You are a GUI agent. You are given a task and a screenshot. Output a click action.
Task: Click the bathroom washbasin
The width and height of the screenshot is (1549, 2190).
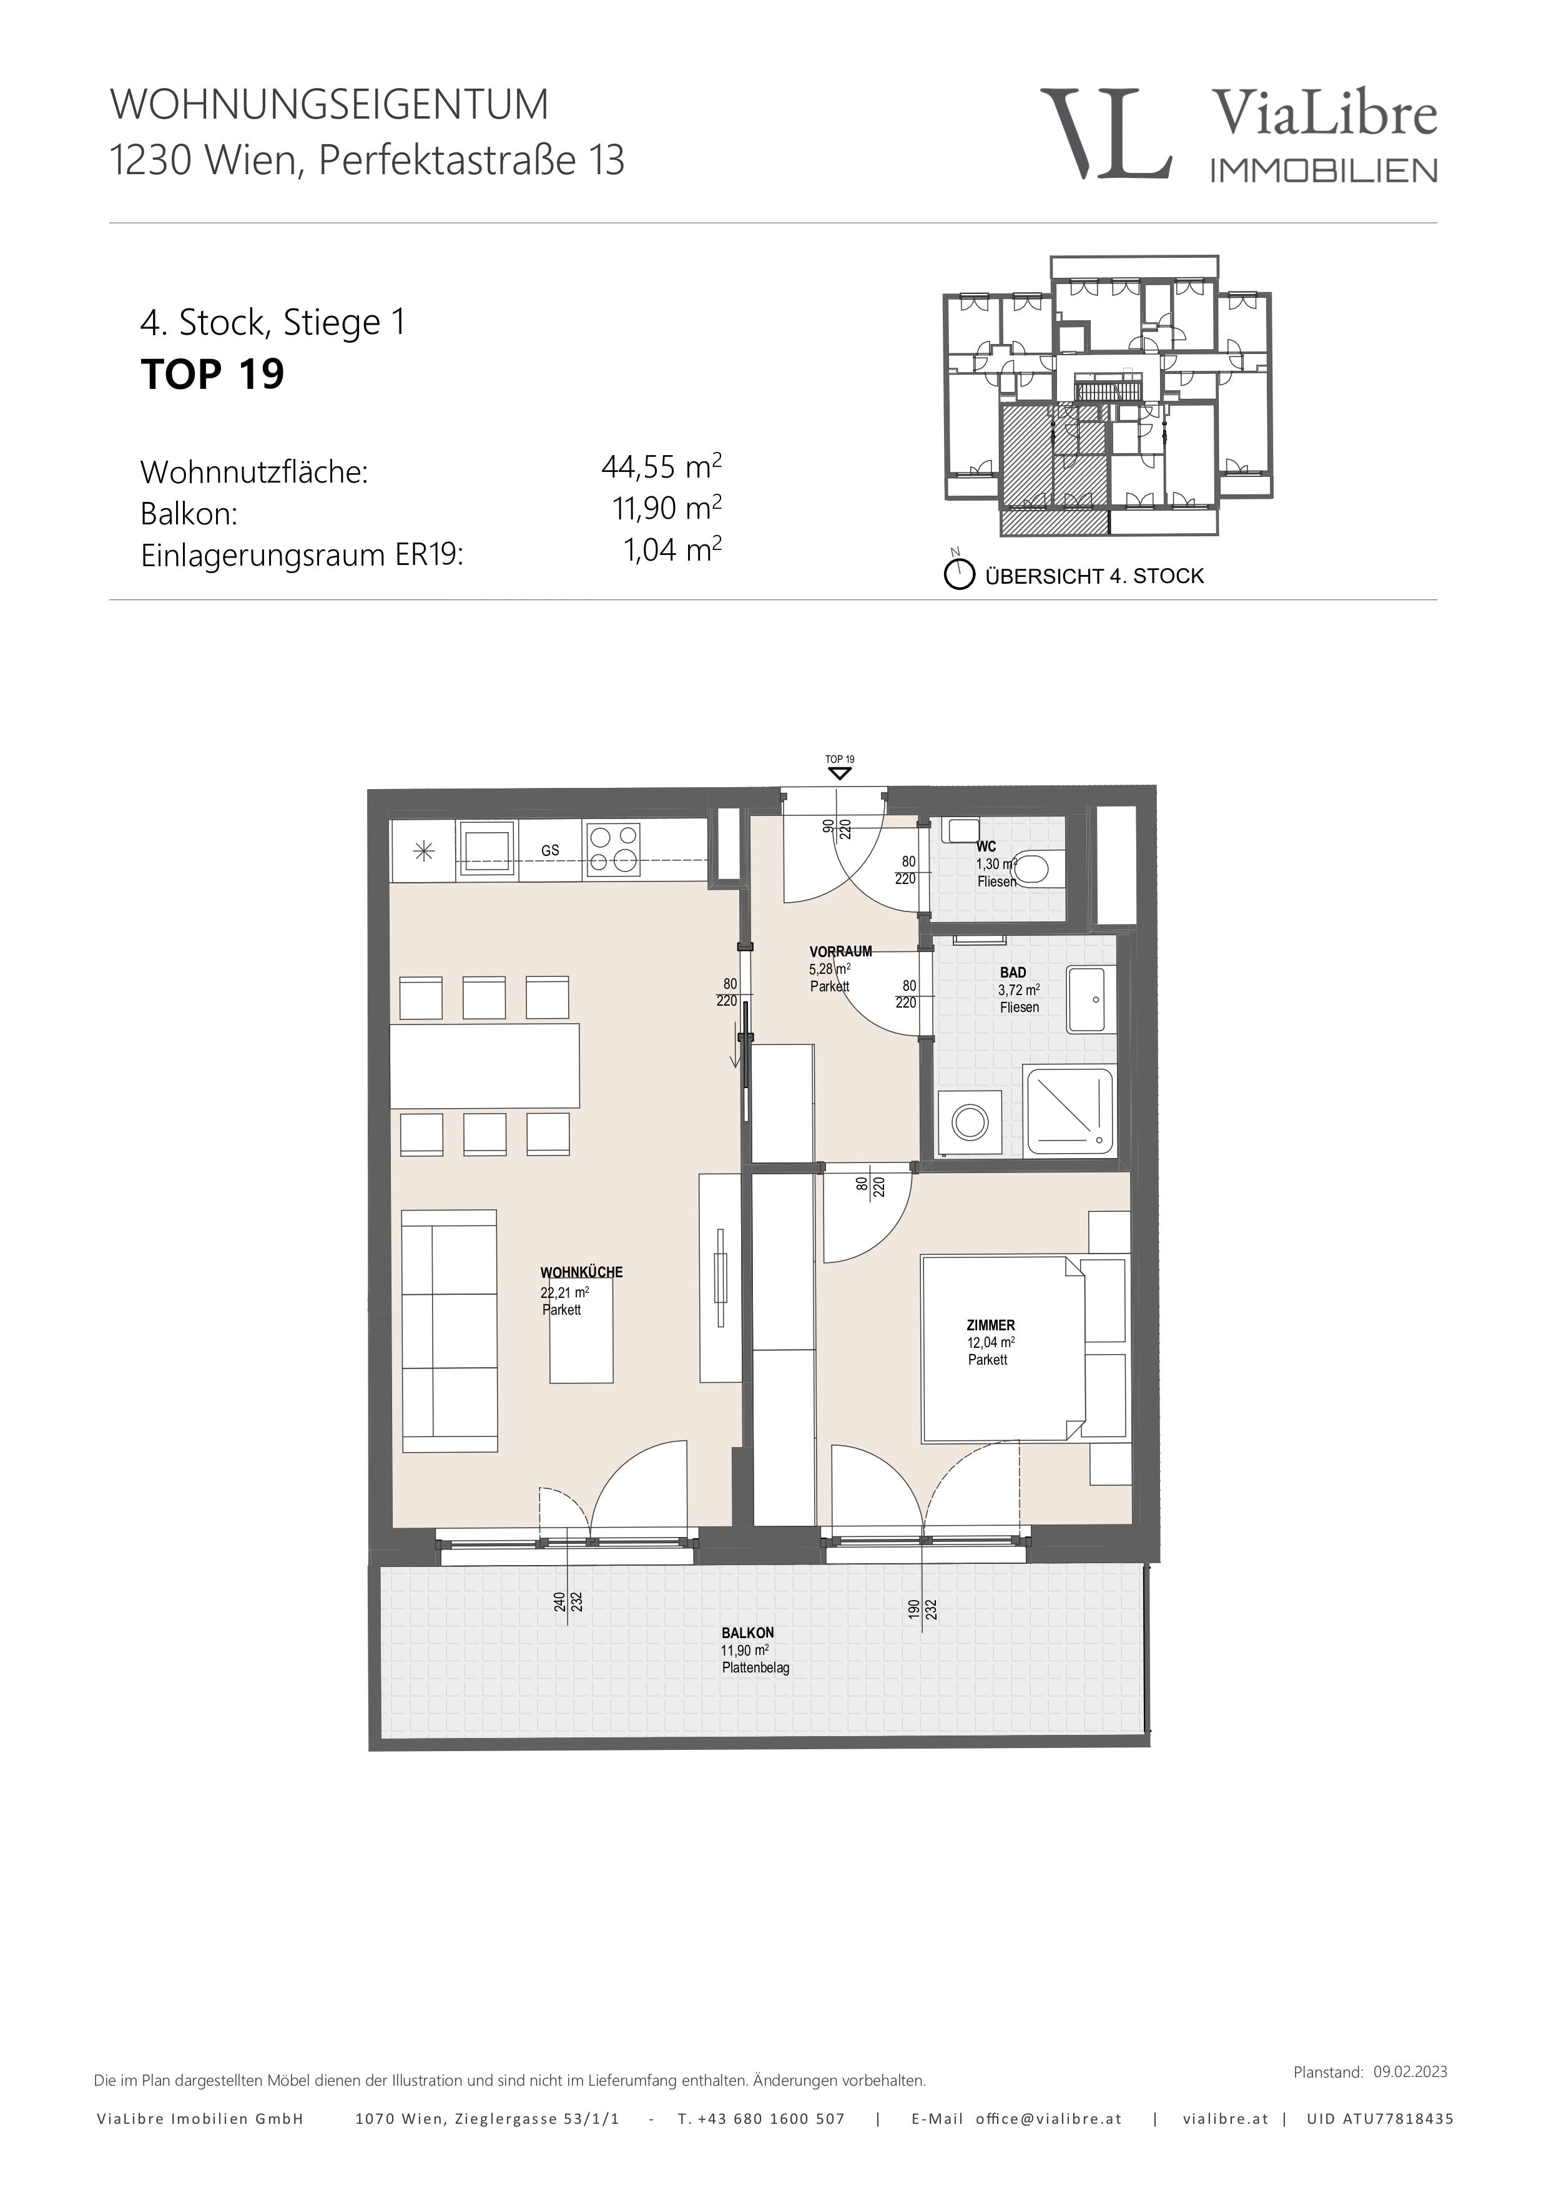(x=1090, y=999)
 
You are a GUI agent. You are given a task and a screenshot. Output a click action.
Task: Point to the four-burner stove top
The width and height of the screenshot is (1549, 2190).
(x=613, y=850)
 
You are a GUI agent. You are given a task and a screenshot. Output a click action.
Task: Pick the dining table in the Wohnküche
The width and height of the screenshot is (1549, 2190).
(x=484, y=1066)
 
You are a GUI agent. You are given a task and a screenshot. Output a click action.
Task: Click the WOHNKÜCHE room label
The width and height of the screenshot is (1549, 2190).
(x=581, y=1272)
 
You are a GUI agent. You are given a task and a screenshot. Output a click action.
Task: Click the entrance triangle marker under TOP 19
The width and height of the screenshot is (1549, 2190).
(x=839, y=773)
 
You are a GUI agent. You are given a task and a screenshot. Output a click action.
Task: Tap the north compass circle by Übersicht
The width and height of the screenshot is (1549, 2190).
(x=958, y=575)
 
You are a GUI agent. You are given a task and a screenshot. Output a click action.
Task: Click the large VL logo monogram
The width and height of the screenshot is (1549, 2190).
(x=1106, y=134)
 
